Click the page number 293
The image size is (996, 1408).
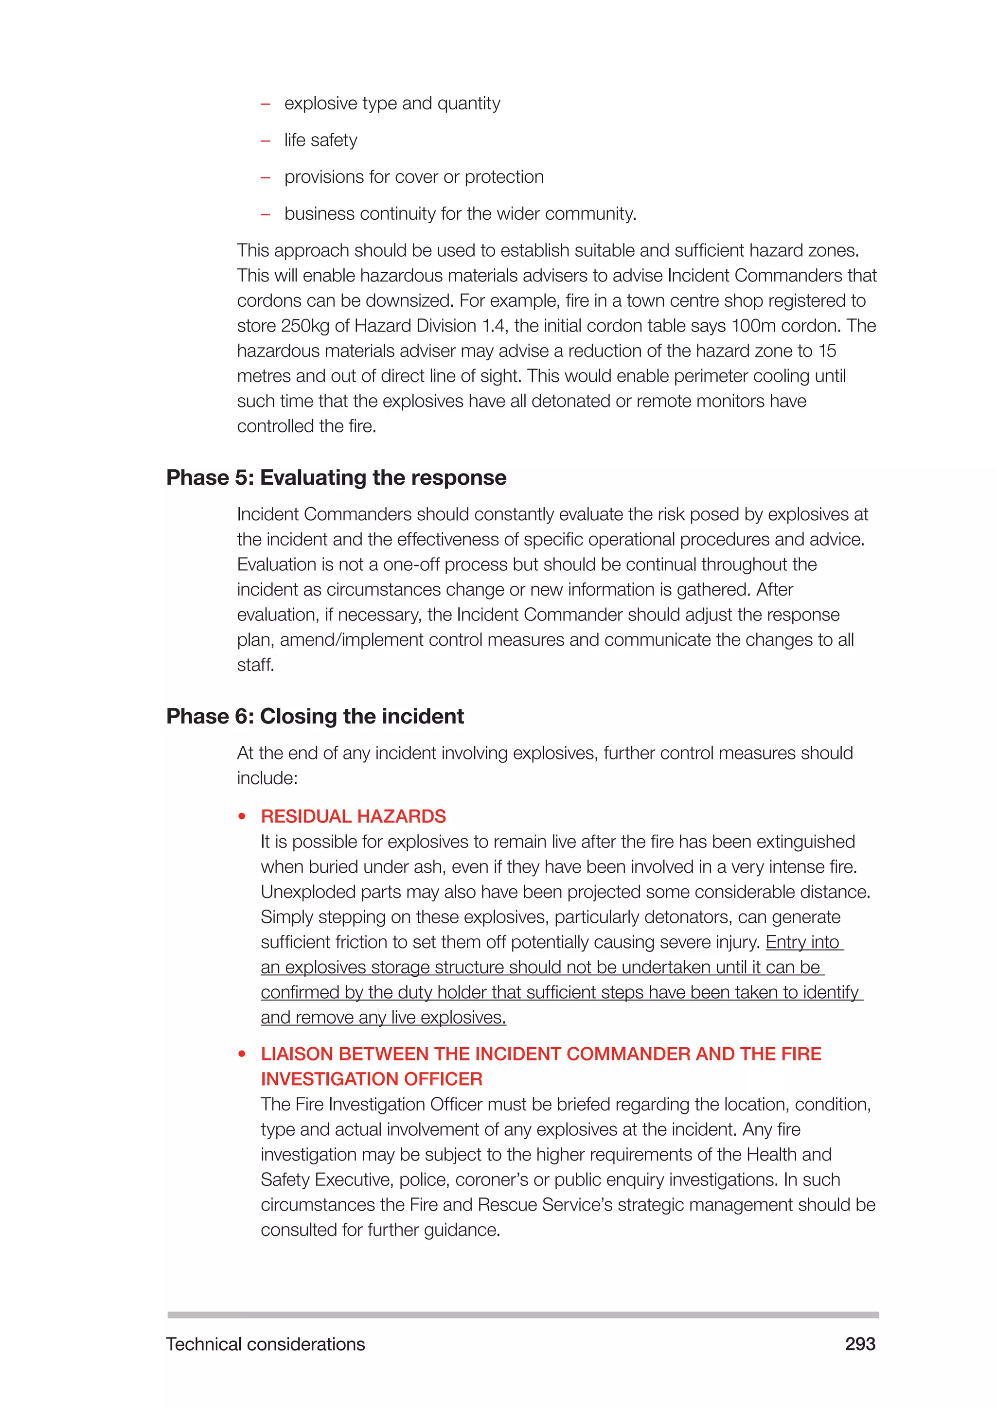[860, 1344]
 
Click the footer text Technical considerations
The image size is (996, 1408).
[265, 1344]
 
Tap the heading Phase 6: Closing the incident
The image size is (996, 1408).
[315, 716]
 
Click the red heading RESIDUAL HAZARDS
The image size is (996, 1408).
[353, 816]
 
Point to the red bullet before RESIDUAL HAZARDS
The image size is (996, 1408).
[242, 817]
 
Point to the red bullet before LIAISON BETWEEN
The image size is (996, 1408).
[242, 1054]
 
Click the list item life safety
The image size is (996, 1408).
[320, 140]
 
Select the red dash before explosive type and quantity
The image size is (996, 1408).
[266, 104]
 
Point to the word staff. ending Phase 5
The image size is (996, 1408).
[256, 665]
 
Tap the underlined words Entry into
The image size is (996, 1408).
[803, 942]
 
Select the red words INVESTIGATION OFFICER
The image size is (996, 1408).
[372, 1079]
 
